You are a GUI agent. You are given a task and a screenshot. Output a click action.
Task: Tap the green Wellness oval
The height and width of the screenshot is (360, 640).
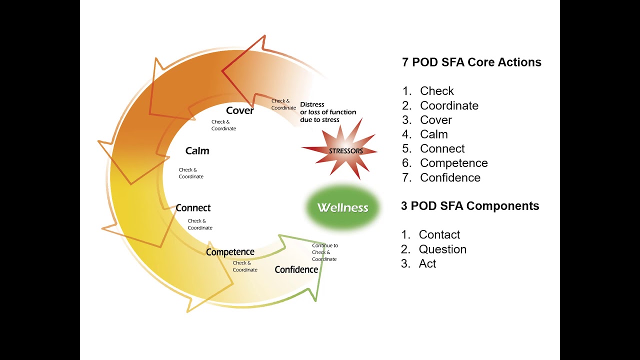(343, 207)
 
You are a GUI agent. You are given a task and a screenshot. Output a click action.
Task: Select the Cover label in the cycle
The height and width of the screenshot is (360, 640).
(240, 110)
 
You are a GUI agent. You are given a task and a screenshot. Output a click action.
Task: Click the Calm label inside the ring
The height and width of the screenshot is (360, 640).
(197, 150)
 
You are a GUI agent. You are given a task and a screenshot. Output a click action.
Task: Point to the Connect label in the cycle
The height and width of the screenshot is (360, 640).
(193, 208)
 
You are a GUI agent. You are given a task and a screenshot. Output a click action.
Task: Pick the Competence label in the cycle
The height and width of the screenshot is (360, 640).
(230, 252)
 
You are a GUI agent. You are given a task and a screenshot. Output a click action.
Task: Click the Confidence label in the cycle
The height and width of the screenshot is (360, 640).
(296, 269)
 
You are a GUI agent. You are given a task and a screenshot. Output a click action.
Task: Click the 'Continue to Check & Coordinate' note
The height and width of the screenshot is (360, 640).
(324, 252)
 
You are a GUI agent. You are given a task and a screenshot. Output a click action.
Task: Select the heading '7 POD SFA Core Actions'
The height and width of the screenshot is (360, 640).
(471, 62)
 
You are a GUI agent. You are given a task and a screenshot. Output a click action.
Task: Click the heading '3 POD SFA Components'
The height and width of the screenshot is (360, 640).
(470, 206)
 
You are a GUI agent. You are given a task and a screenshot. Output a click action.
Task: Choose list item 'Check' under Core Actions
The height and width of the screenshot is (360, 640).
(436, 91)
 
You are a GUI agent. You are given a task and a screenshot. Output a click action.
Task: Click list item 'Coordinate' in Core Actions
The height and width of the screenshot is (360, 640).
(449, 105)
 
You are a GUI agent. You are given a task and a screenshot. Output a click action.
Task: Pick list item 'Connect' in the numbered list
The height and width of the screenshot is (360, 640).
(442, 148)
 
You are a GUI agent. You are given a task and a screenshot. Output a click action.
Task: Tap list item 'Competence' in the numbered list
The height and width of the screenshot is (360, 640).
(453, 163)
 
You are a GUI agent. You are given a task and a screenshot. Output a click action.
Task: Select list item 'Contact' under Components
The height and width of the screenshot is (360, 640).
(439, 234)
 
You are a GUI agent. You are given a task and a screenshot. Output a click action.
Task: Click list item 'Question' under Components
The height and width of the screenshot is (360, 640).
(442, 249)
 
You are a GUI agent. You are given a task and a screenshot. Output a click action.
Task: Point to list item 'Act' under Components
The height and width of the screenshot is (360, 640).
(427, 263)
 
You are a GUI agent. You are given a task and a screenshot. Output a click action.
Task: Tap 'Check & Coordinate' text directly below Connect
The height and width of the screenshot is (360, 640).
(200, 224)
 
